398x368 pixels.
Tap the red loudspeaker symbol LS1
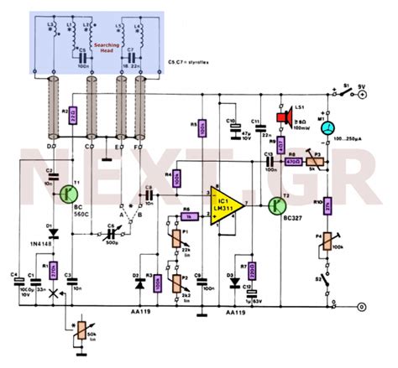283,116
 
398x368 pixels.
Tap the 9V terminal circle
362,95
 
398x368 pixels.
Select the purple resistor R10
330,203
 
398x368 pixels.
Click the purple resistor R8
294,160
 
